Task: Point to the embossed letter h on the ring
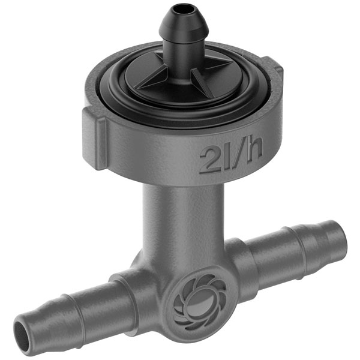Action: point(254,151)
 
